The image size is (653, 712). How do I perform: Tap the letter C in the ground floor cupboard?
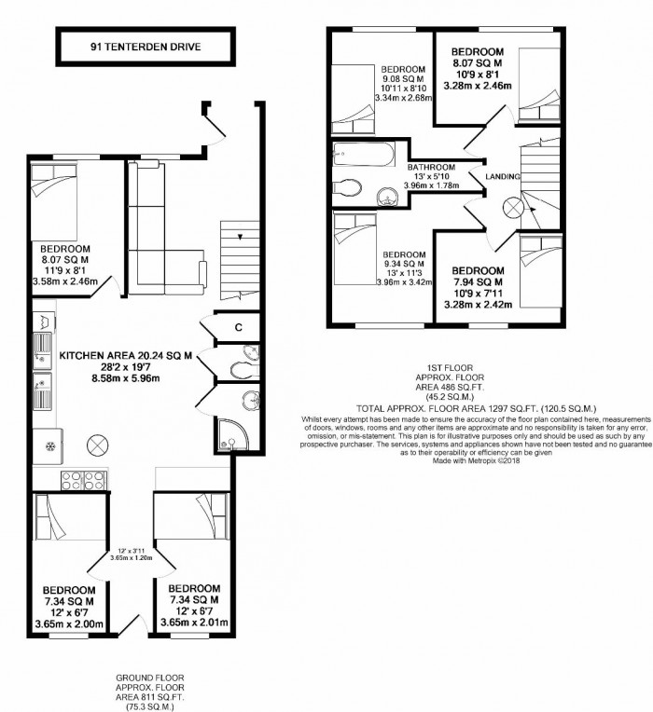(239, 327)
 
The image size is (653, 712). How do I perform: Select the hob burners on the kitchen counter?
(74, 479)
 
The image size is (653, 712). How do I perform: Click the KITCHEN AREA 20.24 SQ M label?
(126, 355)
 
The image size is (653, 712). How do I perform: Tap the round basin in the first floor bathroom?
(385, 195)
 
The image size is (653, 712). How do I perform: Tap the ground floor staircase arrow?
(241, 237)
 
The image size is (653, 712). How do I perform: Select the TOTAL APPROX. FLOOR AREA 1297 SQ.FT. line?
(477, 409)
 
